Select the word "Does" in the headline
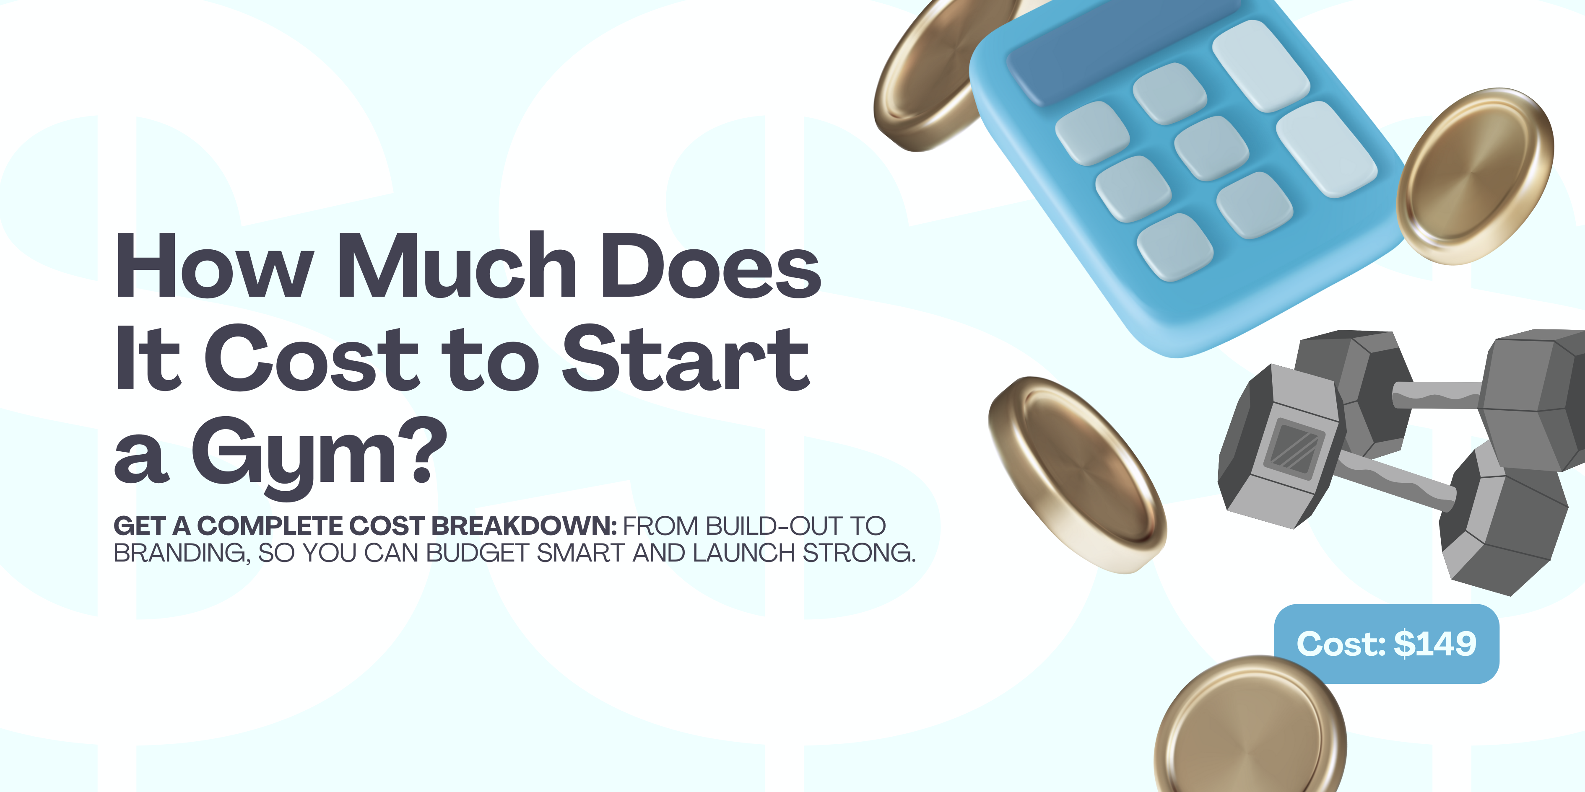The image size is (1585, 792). point(711,266)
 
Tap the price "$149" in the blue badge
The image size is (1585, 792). point(1435,644)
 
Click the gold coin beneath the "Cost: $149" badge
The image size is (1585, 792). point(1249,729)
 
